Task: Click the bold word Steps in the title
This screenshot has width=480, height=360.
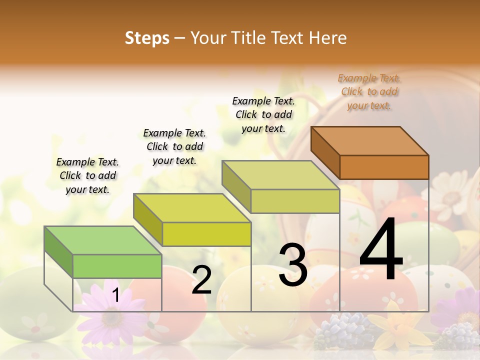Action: click(147, 38)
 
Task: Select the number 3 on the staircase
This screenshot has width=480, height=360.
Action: click(292, 265)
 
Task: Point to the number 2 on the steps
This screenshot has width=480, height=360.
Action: click(201, 280)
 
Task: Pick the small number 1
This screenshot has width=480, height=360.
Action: click(115, 295)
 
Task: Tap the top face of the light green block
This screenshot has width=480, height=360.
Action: click(102, 240)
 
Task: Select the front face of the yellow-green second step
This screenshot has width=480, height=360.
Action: click(206, 234)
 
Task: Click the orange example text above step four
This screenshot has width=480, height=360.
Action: click(369, 92)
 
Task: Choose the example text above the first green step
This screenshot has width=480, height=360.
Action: click(87, 175)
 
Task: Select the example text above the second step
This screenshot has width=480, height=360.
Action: click(174, 146)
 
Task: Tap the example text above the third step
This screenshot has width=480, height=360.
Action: click(263, 114)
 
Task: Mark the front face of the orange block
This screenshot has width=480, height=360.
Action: click(384, 167)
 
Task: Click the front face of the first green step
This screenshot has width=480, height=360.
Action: click(117, 266)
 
